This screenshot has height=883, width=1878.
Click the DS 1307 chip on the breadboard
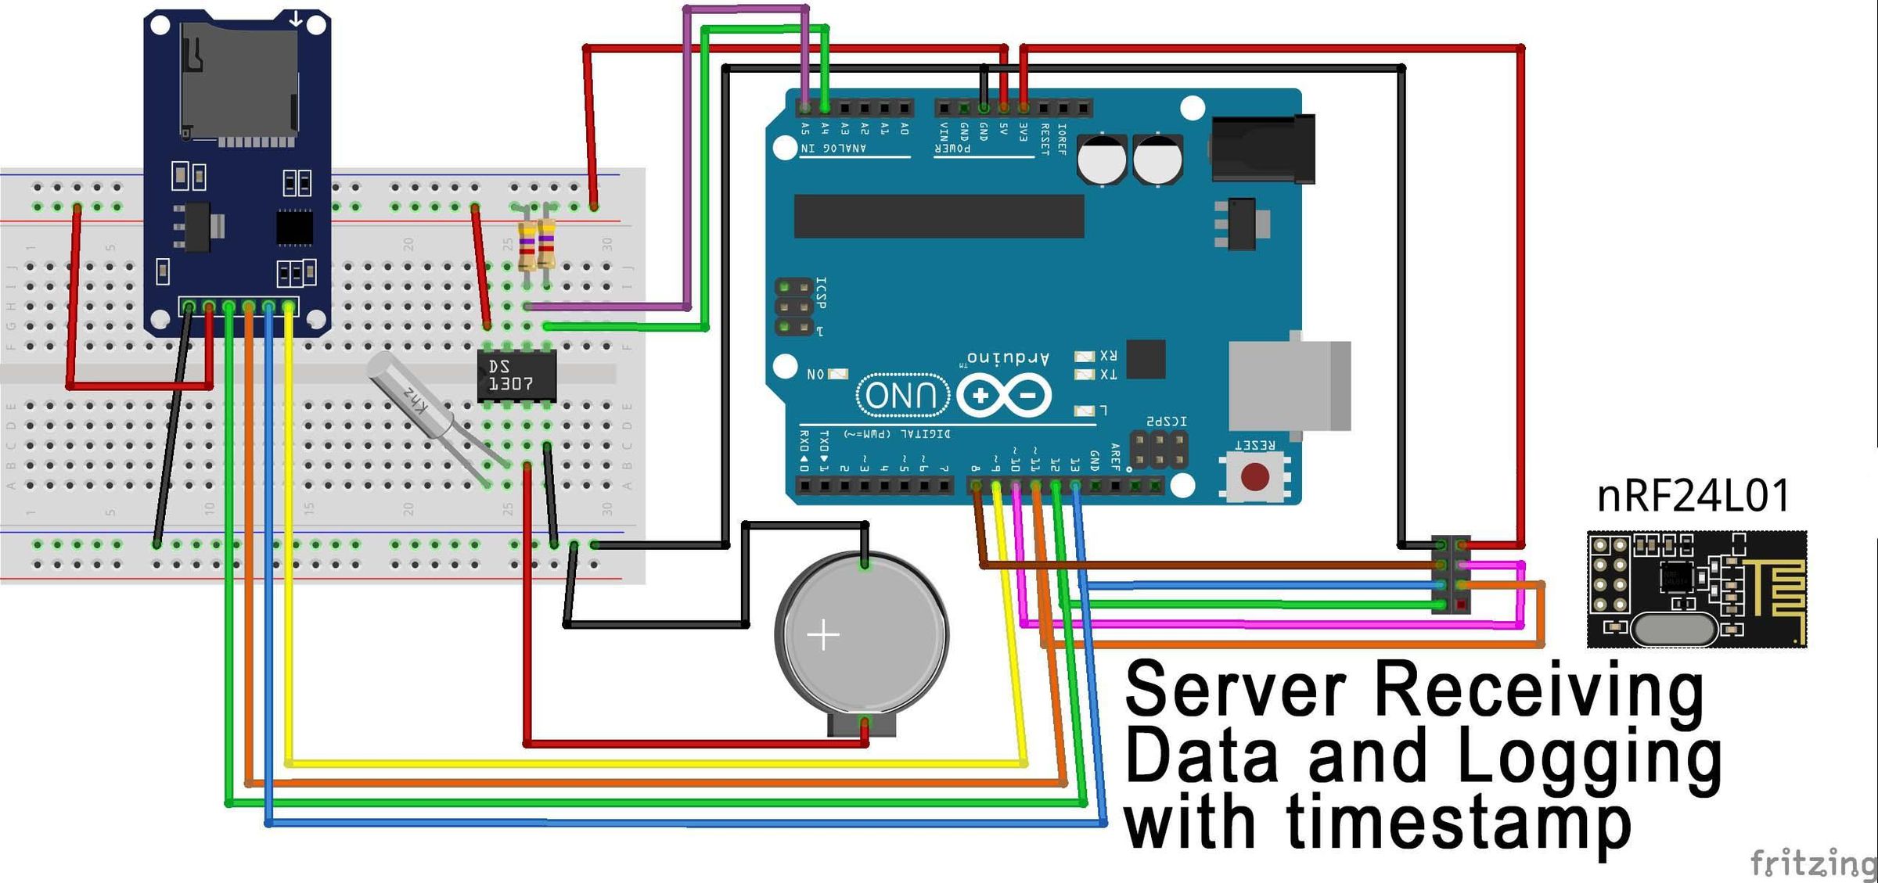click(516, 375)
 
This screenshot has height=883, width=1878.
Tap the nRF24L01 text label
click(1693, 496)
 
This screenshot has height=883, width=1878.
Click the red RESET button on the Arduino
click(1255, 476)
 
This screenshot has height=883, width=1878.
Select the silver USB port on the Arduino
click(1289, 385)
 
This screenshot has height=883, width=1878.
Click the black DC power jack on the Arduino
click(1262, 149)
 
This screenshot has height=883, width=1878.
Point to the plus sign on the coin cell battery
click(823, 634)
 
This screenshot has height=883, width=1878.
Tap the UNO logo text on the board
click(902, 396)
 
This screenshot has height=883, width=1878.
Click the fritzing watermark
click(1811, 863)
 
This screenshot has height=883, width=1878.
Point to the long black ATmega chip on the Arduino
click(938, 217)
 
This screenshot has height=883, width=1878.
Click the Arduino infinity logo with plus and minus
click(1004, 396)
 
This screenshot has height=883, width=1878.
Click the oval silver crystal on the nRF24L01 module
click(1674, 629)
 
